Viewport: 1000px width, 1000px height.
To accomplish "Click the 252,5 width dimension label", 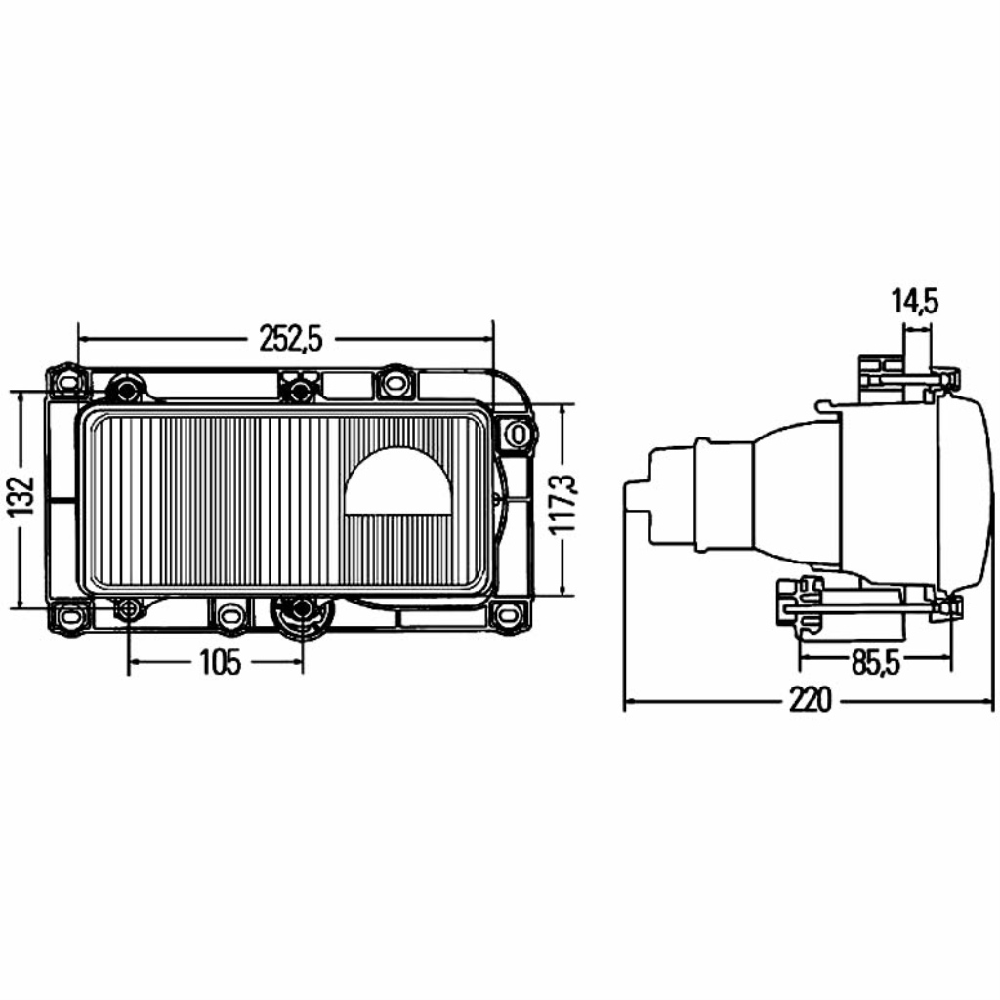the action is [291, 339].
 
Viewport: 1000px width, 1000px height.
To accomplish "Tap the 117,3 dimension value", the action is [563, 504].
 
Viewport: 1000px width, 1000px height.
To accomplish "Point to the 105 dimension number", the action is [220, 663].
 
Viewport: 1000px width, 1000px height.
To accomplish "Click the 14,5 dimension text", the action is [915, 302].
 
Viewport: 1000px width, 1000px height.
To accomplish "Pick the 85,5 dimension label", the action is [875, 664].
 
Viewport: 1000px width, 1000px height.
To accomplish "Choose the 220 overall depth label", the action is [811, 701].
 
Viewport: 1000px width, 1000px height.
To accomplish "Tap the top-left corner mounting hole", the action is [67, 382].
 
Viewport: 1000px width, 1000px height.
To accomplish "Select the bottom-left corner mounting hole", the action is [67, 616].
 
